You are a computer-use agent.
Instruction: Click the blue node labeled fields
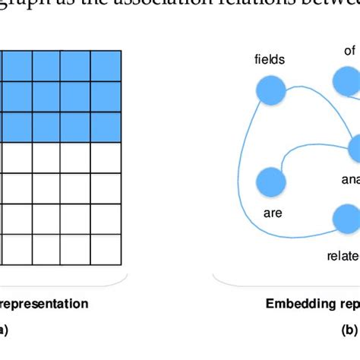coord(271,92)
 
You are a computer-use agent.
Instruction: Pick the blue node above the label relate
coord(346,219)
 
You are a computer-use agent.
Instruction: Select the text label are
coord(273,213)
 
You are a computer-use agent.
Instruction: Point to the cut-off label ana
coord(350,180)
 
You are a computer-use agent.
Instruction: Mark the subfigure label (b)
coord(350,330)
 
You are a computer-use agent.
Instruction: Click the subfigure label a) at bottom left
coord(4,330)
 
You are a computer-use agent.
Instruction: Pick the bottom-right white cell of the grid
coord(106,250)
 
